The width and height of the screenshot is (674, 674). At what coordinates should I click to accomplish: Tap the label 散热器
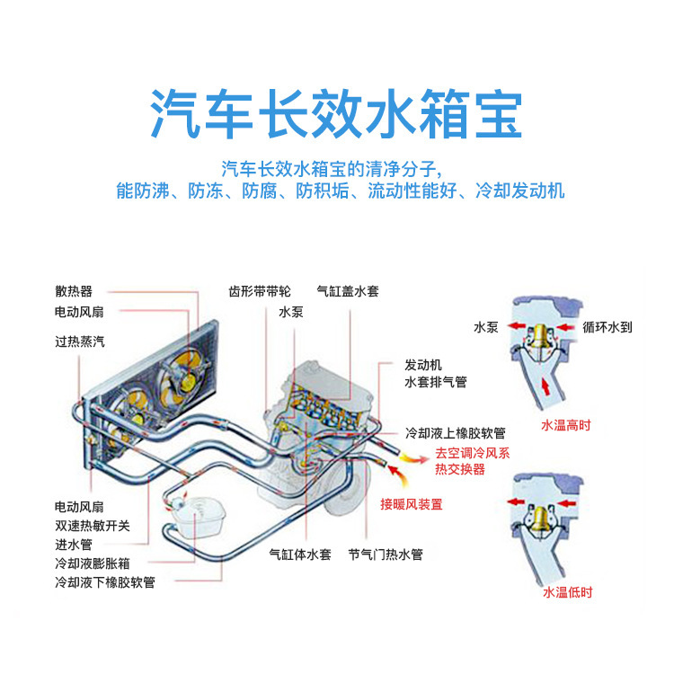[x=73, y=291]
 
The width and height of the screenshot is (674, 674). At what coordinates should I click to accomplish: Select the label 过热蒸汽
[x=79, y=341]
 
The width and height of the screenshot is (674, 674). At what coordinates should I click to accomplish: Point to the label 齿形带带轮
[x=260, y=291]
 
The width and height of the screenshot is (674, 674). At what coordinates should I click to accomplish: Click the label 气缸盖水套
[x=348, y=291]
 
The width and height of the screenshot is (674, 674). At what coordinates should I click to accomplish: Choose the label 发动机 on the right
[x=423, y=366]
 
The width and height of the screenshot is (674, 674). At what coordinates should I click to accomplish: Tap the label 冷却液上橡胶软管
[x=455, y=432]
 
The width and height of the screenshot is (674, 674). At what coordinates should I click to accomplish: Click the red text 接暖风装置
[x=411, y=504]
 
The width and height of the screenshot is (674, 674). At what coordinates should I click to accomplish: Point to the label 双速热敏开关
[x=92, y=526]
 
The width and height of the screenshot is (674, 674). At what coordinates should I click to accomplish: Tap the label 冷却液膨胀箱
[x=92, y=563]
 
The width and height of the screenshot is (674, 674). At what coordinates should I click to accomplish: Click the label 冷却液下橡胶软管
[x=104, y=582]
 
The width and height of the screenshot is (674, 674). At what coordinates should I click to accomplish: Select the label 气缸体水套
[x=301, y=554]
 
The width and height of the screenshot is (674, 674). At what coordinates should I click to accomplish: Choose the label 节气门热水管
[x=385, y=554]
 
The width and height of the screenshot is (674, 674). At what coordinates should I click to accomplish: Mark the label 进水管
[x=73, y=545]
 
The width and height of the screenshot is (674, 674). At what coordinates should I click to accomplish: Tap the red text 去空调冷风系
[x=472, y=453]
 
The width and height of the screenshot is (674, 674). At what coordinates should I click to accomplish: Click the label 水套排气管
[x=436, y=383]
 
